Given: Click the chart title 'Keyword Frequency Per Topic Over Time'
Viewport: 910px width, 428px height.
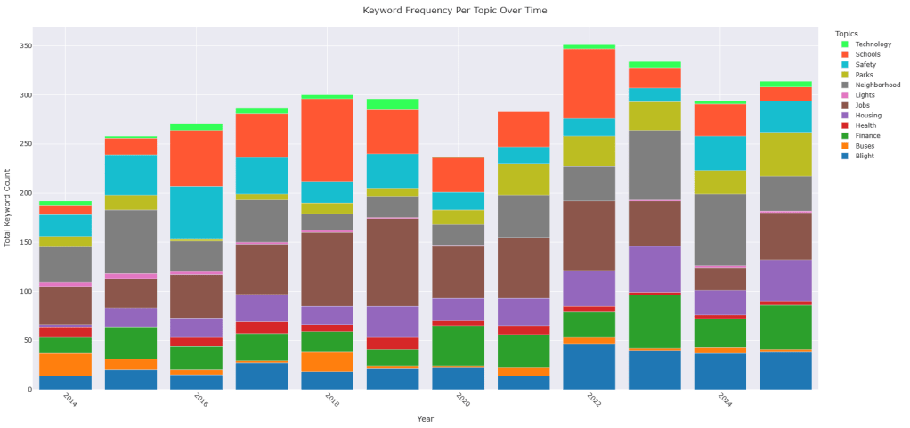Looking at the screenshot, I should (x=455, y=10).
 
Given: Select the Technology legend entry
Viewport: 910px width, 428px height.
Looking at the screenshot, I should (x=872, y=44).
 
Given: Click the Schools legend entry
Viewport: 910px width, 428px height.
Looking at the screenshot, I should (x=867, y=54).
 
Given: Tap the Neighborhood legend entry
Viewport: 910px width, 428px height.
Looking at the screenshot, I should (x=877, y=85).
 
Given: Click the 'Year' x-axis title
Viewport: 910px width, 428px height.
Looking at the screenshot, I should (x=426, y=418).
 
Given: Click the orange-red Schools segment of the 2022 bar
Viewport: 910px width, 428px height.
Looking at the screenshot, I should (x=589, y=84).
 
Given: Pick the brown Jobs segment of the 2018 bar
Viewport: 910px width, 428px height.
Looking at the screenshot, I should (x=327, y=269).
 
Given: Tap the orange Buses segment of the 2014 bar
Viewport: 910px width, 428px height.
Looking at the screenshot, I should (x=65, y=364).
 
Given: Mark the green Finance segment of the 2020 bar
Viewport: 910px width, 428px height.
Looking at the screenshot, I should (x=458, y=344).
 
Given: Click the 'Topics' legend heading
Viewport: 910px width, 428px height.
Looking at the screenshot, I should (x=859, y=33).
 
